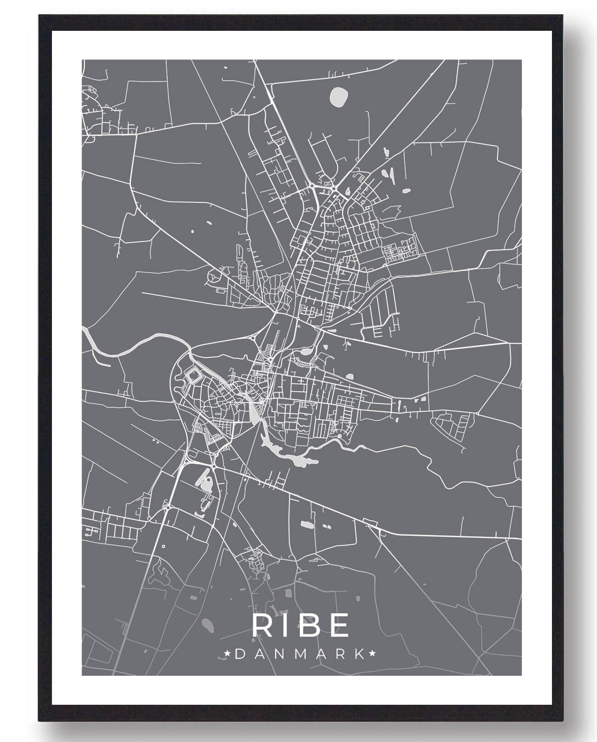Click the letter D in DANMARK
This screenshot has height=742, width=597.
coord(239,654)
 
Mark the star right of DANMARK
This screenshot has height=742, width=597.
coord(373,653)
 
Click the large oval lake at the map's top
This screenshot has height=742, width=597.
coord(339,97)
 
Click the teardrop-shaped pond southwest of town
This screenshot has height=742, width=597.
coord(206,483)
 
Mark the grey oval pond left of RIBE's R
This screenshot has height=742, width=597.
coord(207,625)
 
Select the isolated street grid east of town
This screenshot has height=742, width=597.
coord(453,425)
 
